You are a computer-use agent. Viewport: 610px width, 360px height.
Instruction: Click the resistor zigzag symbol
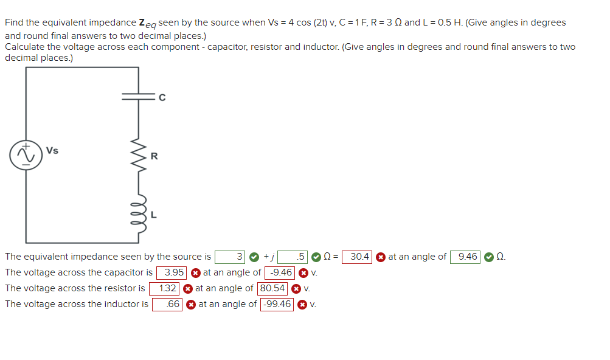coord(139,156)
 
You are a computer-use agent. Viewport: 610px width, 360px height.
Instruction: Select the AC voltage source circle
coord(26,154)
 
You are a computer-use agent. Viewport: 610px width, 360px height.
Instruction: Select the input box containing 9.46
coord(465,257)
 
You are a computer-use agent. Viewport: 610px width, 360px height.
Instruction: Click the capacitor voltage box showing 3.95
coord(172,272)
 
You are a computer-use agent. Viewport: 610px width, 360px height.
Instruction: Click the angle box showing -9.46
coord(280,272)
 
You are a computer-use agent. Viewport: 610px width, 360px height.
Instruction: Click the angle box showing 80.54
coord(273,288)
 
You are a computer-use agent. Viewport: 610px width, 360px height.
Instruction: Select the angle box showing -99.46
coord(277,304)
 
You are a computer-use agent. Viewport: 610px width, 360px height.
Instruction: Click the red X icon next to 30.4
coord(381,257)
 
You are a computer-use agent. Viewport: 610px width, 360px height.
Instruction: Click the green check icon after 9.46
coord(489,257)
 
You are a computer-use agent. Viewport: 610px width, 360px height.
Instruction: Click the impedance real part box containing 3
coord(231,257)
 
